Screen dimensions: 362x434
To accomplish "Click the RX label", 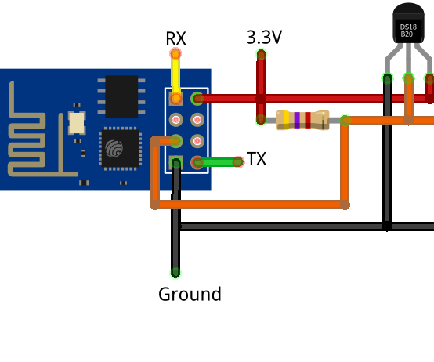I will point(175,38).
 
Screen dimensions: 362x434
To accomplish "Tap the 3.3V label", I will point(264,37).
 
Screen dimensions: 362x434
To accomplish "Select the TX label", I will point(256,159).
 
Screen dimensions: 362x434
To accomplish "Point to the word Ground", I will point(190,295).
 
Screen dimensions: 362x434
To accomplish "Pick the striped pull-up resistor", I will point(302,120).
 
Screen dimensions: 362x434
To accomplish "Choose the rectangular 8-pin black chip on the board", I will point(121,96).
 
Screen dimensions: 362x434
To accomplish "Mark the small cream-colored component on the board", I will point(77,123).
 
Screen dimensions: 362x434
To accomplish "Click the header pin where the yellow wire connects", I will point(176,99).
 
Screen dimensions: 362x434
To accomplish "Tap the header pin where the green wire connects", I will point(197,162).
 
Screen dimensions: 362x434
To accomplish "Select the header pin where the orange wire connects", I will point(176,141).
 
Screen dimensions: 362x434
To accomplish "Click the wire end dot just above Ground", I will point(175,273).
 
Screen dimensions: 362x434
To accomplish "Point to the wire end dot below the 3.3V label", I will point(261,55).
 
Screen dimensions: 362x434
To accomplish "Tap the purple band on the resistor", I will point(297,120).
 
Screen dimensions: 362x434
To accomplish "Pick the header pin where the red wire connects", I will point(197,99).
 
